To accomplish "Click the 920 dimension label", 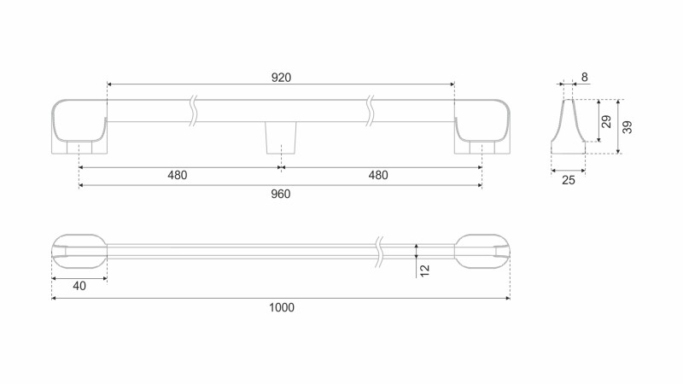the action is (x=281, y=78).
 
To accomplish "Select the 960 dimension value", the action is (x=281, y=194).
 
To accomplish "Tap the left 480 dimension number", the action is (x=178, y=175).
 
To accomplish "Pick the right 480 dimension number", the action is (x=378, y=175).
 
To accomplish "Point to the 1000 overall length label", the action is (x=282, y=307).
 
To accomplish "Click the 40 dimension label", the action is (x=79, y=286).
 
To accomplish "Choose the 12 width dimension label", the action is (x=424, y=271).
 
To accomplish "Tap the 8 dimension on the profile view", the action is (x=585, y=77).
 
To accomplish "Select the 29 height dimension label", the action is (x=606, y=121).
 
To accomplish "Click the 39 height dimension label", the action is (x=628, y=127).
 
